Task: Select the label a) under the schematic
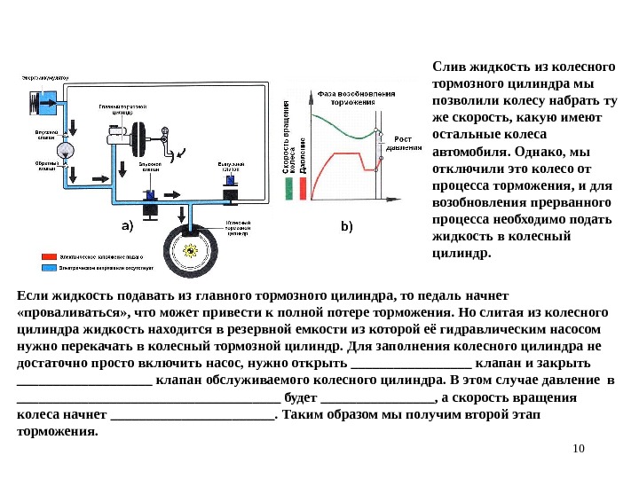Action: tap(127, 225)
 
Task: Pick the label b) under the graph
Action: tap(347, 226)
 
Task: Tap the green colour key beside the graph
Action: tap(289, 188)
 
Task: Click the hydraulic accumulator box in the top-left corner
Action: tap(43, 100)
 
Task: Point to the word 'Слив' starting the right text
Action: tap(447, 67)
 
